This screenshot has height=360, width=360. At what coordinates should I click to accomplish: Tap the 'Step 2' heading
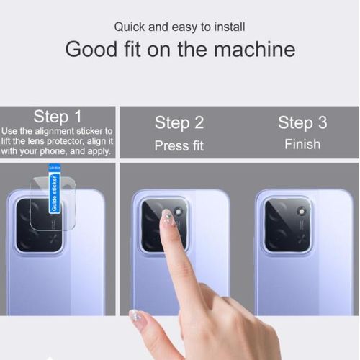[179, 122]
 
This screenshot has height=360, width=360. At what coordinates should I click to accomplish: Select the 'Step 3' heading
[302, 122]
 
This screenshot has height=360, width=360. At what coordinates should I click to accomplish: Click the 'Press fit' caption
[179, 145]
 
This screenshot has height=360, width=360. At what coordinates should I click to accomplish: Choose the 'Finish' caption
[302, 144]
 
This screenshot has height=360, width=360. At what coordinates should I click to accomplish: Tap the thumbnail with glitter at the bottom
[134, 315]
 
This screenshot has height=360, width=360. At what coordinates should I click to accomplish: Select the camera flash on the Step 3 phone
[301, 212]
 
